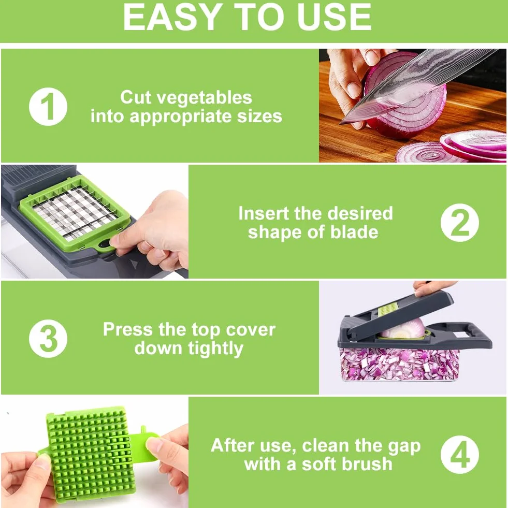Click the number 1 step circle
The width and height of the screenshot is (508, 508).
48,107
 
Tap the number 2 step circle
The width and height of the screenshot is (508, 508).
460,223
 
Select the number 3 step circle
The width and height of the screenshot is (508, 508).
48,339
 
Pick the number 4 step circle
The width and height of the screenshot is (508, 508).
460,455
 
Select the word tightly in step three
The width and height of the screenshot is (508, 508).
216,349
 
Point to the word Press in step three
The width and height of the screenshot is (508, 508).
128,329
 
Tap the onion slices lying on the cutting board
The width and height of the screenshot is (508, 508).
451,146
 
